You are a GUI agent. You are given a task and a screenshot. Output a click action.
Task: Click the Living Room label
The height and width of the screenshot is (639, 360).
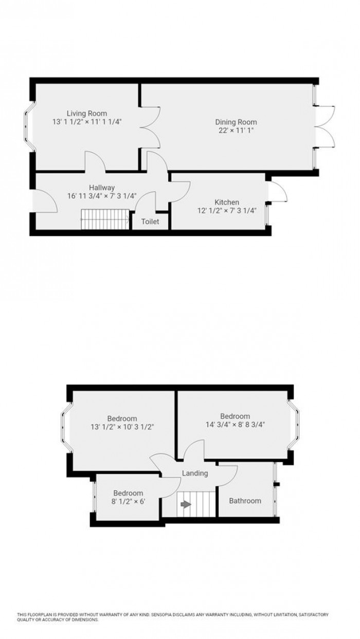(86, 113)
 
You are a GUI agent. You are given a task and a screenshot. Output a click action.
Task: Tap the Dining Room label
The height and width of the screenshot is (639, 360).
(236, 122)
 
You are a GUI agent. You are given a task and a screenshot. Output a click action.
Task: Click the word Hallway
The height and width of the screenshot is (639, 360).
(101, 188)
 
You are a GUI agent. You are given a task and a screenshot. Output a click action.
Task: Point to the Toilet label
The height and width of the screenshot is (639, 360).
(150, 222)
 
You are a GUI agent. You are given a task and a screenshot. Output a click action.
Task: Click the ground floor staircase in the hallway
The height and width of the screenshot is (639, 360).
(105, 222)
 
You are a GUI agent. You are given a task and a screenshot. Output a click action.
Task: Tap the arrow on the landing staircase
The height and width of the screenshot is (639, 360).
(186, 504)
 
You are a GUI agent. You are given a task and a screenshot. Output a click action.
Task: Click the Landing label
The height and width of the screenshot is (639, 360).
(195, 473)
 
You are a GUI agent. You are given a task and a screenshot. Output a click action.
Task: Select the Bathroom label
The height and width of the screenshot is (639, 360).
(245, 500)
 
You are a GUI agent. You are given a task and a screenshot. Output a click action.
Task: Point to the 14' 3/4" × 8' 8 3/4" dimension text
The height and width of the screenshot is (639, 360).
(235, 425)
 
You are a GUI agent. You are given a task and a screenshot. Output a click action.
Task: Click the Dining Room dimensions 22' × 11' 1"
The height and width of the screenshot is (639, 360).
(236, 131)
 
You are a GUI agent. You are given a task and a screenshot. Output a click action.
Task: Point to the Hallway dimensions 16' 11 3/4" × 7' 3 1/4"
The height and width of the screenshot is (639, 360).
(101, 196)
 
